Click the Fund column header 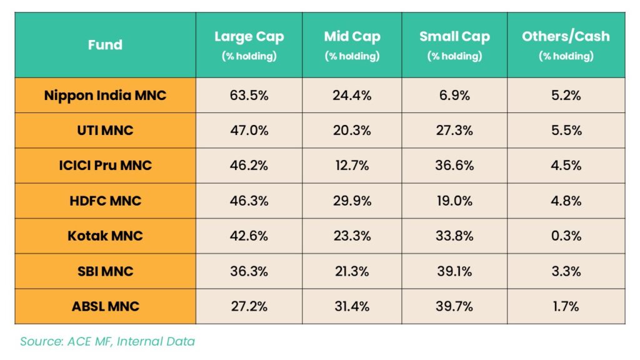pos(105,45)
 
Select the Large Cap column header pos(249,45)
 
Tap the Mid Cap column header pos(352,45)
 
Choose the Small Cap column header pos(454,45)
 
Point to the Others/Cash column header pos(566,45)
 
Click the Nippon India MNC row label pos(105,96)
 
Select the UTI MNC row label pos(105,131)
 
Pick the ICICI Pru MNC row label pos(105,166)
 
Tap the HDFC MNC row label pos(105,201)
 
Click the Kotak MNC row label pos(105,236)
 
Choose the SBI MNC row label pos(105,271)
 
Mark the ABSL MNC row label pos(105,306)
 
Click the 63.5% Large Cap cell pos(249,96)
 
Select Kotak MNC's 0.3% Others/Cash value pos(566,236)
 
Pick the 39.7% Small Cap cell pos(454,306)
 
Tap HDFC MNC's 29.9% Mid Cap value pos(352,201)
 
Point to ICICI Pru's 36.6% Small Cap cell pos(454,166)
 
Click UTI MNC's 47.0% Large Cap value pos(249,131)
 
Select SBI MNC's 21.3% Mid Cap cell pos(352,271)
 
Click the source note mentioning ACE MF pos(107,341)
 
